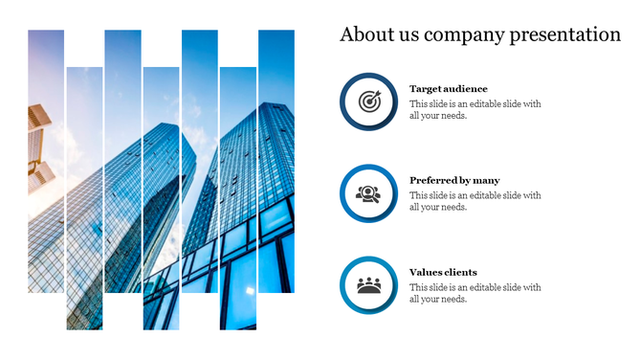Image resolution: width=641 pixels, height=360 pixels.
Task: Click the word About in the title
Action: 364,35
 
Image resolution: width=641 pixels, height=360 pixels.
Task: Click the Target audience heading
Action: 448,89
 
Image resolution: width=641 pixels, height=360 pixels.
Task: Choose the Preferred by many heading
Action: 454,180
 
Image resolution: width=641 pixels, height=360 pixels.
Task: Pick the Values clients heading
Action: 443,272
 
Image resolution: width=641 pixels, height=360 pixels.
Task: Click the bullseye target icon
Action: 369,101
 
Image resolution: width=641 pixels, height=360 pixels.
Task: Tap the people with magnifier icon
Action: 369,193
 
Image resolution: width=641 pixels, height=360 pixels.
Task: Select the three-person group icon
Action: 369,285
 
